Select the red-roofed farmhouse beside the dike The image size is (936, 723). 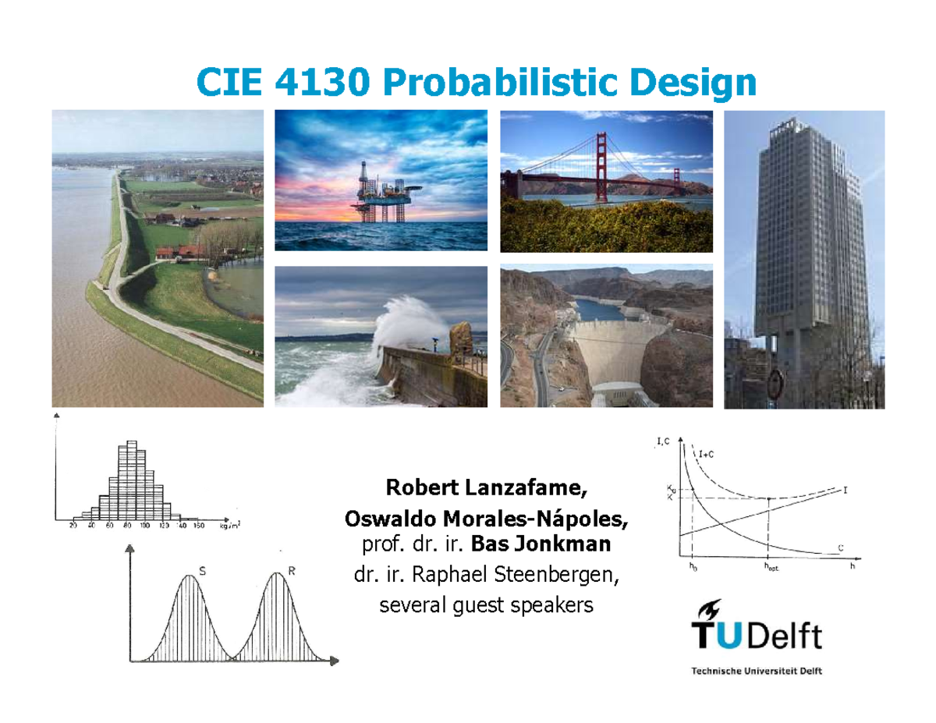click(x=179, y=252)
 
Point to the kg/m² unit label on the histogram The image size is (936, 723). click(x=229, y=526)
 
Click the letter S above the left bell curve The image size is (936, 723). click(x=203, y=571)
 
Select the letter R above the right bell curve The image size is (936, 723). click(x=292, y=571)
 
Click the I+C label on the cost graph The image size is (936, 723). click(x=708, y=452)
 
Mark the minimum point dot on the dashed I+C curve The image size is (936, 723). click(x=770, y=499)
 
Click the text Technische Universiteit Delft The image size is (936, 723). click(x=756, y=671)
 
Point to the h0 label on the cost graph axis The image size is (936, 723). click(x=692, y=567)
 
